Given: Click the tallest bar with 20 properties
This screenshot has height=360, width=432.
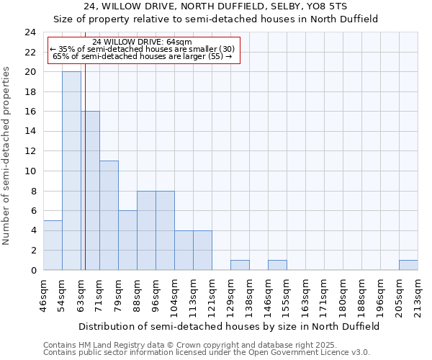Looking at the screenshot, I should pyautogui.click(x=71, y=171).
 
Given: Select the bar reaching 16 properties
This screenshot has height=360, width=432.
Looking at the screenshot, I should pyautogui.click(x=90, y=191).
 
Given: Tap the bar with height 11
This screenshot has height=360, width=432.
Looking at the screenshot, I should pyautogui.click(x=109, y=215).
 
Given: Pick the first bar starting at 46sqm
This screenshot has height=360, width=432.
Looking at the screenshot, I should pyautogui.click(x=53, y=245).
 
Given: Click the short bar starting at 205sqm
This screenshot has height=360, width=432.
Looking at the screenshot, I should pyautogui.click(x=408, y=265).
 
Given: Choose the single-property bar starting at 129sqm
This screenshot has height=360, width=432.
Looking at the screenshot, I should pyautogui.click(x=240, y=265).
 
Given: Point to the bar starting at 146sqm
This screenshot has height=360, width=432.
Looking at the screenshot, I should pyautogui.click(x=277, y=265).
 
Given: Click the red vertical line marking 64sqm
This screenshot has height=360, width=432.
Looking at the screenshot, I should pyautogui.click(x=85, y=180).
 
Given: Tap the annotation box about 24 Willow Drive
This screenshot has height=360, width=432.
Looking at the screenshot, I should pyautogui.click(x=143, y=49).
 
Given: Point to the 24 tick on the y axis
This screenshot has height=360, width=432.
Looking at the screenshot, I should pyautogui.click(x=30, y=32).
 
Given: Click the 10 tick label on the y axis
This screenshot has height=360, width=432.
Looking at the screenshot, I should pyautogui.click(x=30, y=171).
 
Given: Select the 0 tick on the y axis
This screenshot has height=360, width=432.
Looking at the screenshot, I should pyautogui.click(x=33, y=270).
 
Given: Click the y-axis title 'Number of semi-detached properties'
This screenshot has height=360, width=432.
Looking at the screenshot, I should pyautogui.click(x=7, y=156).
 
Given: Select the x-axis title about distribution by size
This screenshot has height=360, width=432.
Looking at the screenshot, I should pyautogui.click(x=229, y=326).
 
